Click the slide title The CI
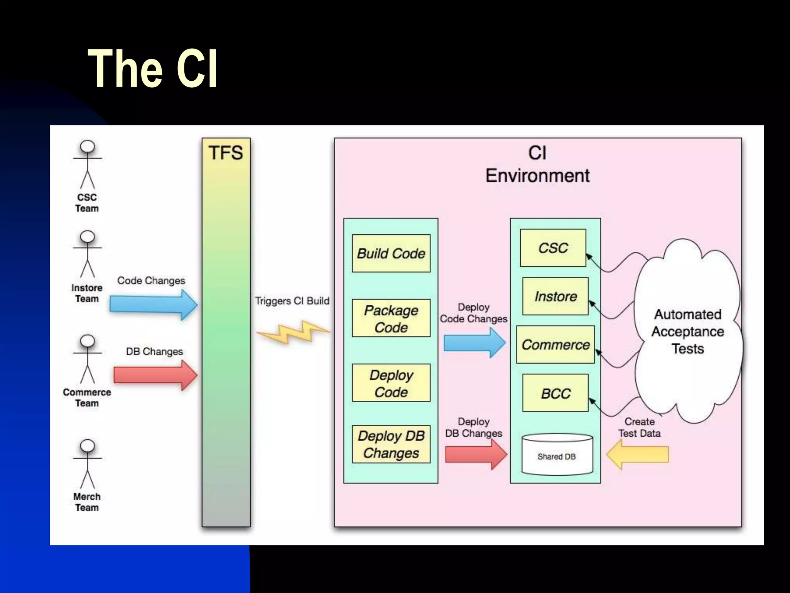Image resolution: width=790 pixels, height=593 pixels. point(153,69)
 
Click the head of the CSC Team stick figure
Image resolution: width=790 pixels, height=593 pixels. point(88,147)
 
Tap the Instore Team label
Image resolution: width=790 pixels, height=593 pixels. point(87,293)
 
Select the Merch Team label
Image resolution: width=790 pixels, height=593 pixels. point(87,502)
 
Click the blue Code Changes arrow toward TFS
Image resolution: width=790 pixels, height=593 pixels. point(153,305)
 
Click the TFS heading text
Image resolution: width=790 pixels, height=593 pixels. point(226,152)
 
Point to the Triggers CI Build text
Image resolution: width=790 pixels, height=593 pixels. point(292,301)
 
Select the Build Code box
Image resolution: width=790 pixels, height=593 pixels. point(391,254)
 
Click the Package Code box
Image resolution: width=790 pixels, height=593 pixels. point(391,319)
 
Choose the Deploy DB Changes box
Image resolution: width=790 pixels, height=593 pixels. point(391,444)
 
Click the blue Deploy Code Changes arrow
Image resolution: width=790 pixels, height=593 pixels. point(474,342)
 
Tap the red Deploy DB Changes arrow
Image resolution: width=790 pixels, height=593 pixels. point(476,454)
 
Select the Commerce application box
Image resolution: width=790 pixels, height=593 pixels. point(555,344)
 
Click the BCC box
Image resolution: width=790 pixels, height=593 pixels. point(555,393)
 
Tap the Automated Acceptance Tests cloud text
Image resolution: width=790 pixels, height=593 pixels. point(688,331)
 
